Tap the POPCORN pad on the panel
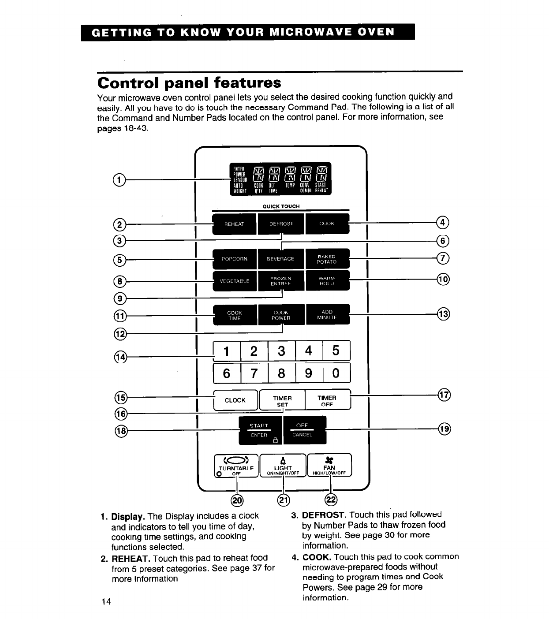click(x=235, y=259)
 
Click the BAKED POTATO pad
click(x=327, y=259)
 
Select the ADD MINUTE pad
click(x=327, y=314)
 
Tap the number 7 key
click(x=254, y=373)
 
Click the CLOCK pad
click(x=235, y=400)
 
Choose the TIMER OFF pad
click(x=327, y=400)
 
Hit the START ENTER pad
click(x=260, y=430)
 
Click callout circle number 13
click(x=443, y=314)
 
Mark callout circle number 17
click(x=444, y=395)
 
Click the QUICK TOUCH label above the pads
click(x=281, y=206)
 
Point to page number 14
click(x=106, y=602)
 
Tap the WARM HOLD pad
click(x=327, y=281)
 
